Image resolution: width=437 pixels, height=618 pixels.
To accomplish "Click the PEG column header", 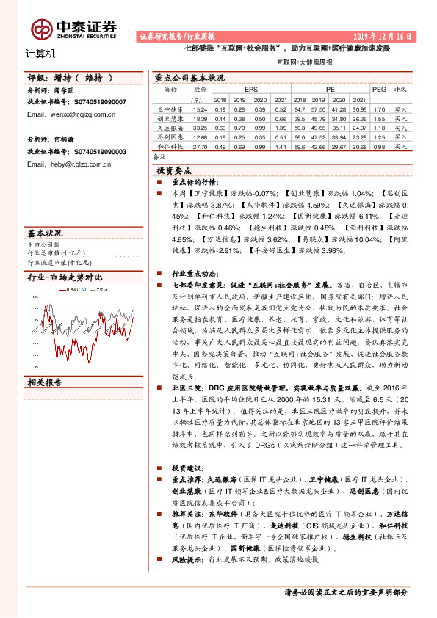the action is tap(379, 89).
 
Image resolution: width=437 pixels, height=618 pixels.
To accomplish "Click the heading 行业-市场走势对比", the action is tap(65, 277).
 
